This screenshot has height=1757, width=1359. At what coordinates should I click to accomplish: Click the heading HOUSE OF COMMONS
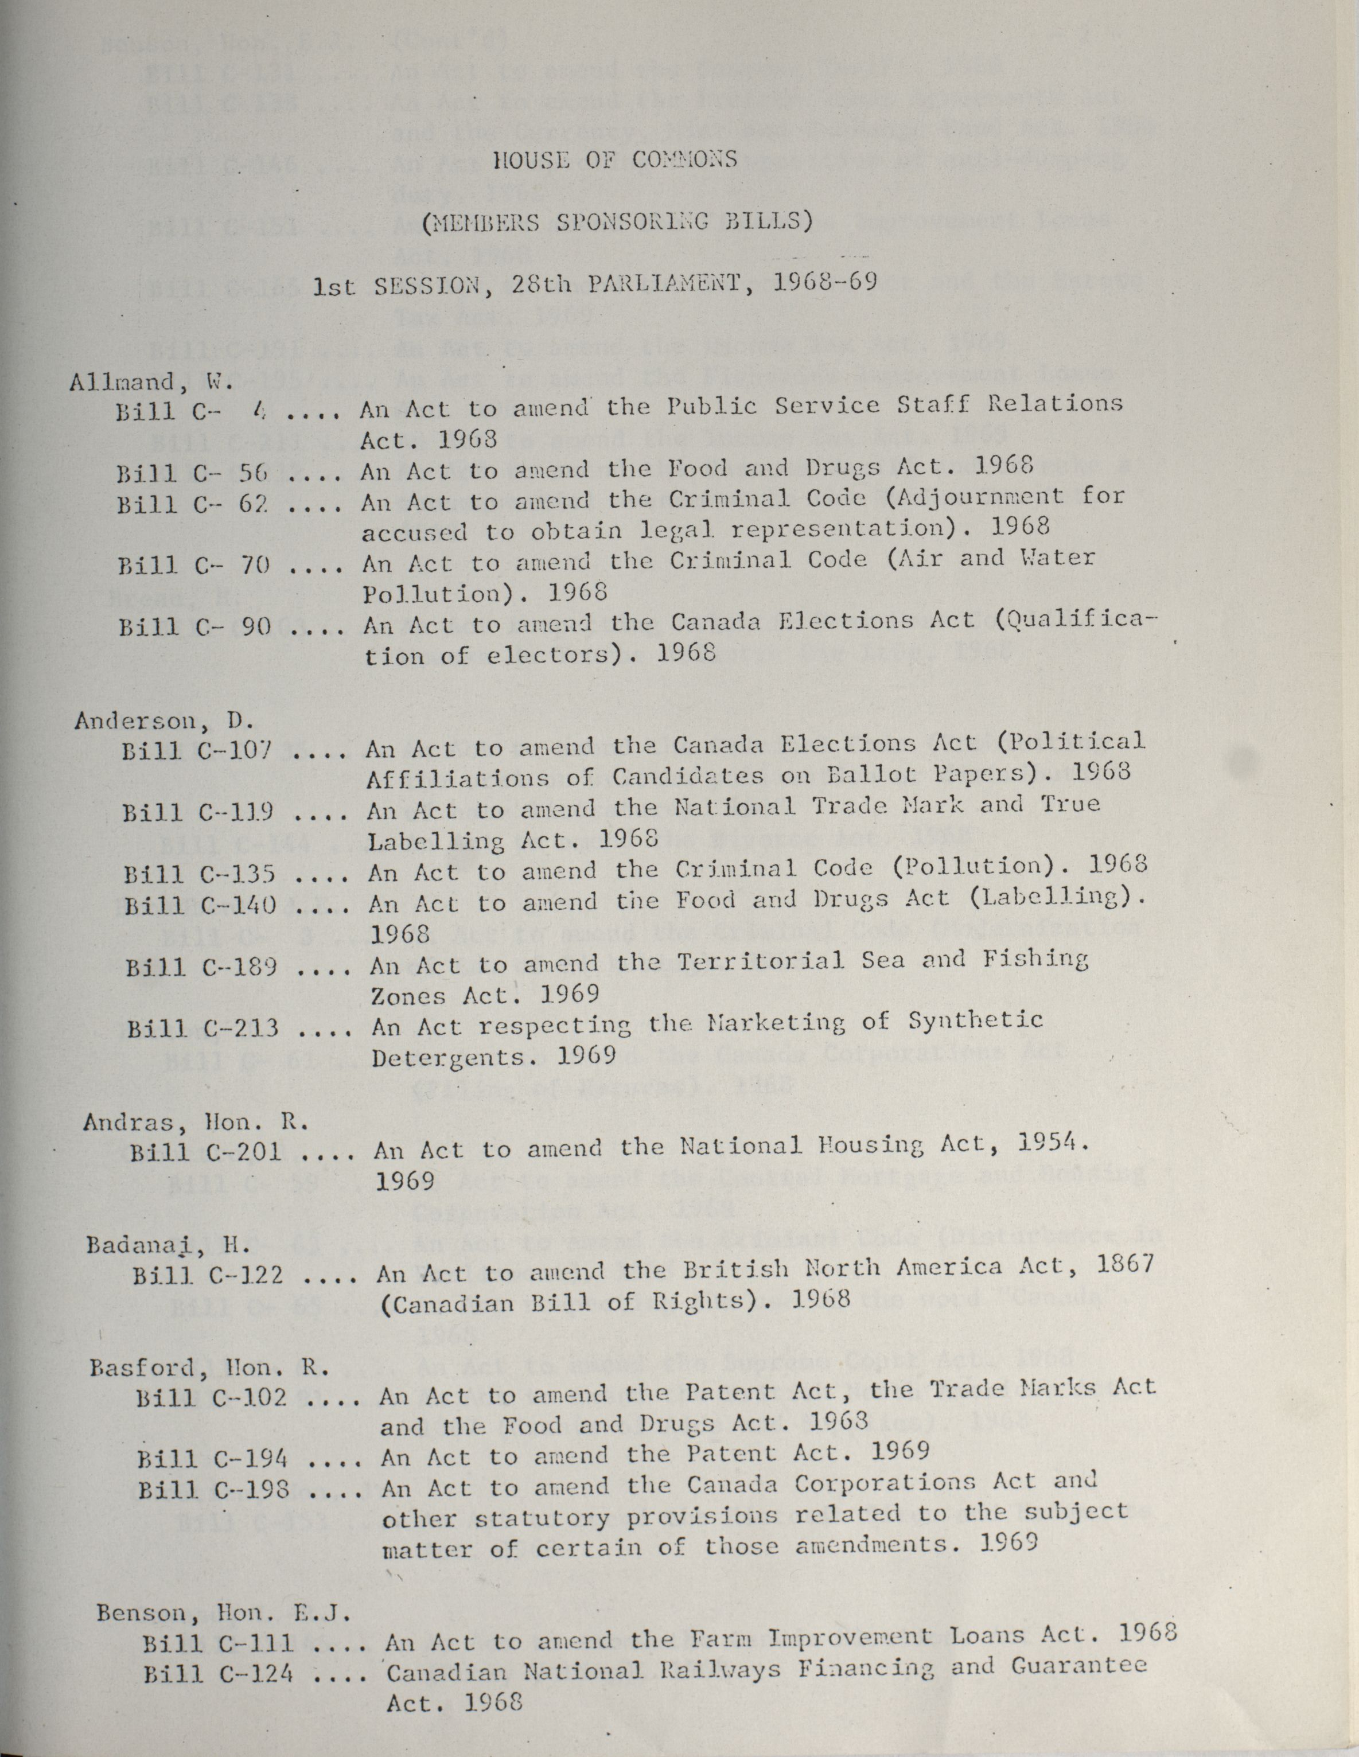click(x=616, y=159)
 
